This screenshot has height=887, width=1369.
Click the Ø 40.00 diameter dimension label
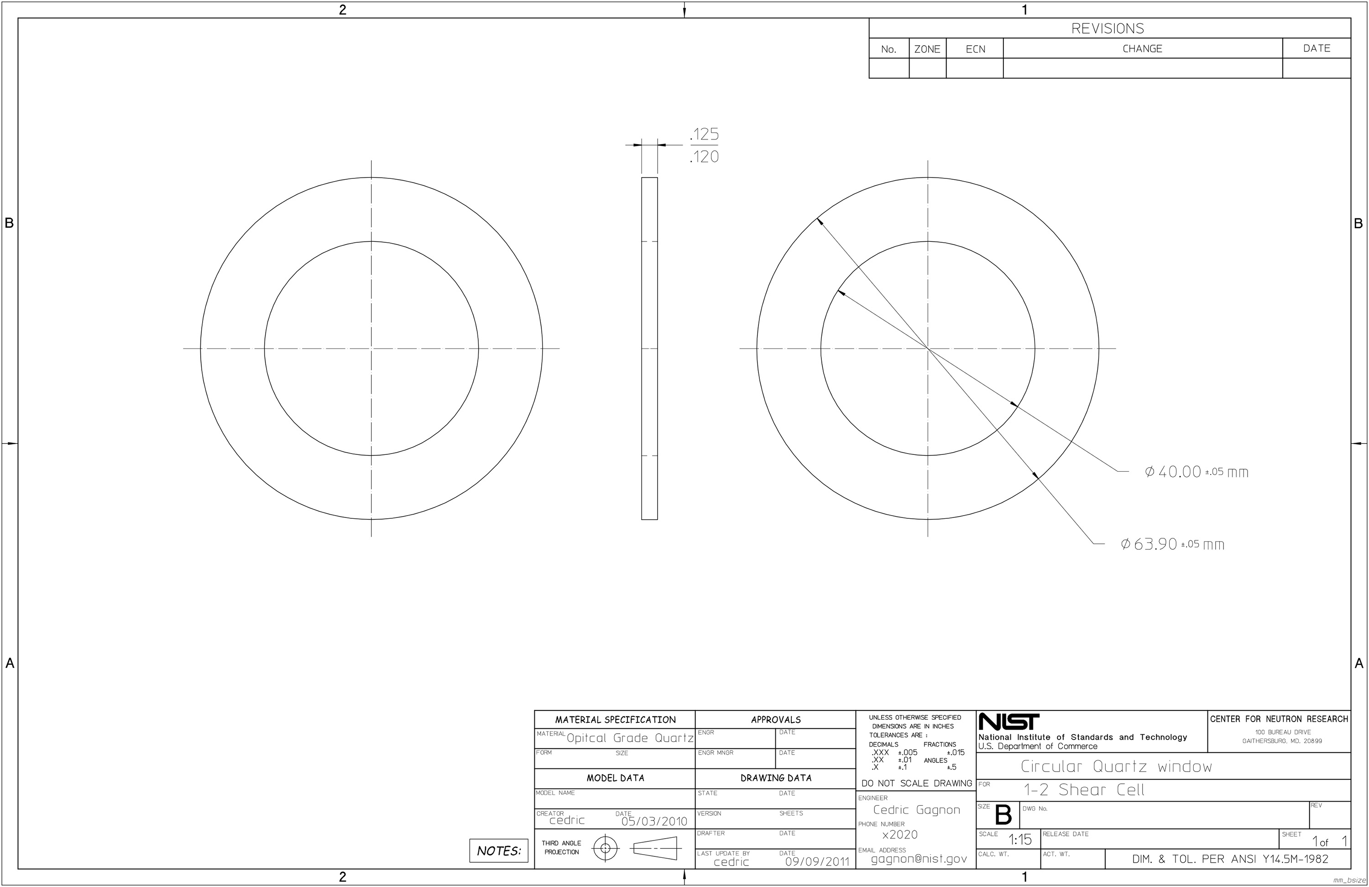[1197, 472]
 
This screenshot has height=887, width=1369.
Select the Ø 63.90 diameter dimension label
[1172, 543]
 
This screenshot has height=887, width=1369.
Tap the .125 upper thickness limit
[704, 134]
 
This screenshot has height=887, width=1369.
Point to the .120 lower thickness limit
[704, 157]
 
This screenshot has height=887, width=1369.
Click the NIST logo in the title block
[1009, 721]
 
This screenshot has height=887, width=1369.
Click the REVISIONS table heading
[1107, 28]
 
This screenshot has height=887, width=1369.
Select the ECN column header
[976, 49]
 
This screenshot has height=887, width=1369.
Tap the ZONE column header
[927, 49]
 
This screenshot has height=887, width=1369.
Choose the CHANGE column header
[1142, 48]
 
